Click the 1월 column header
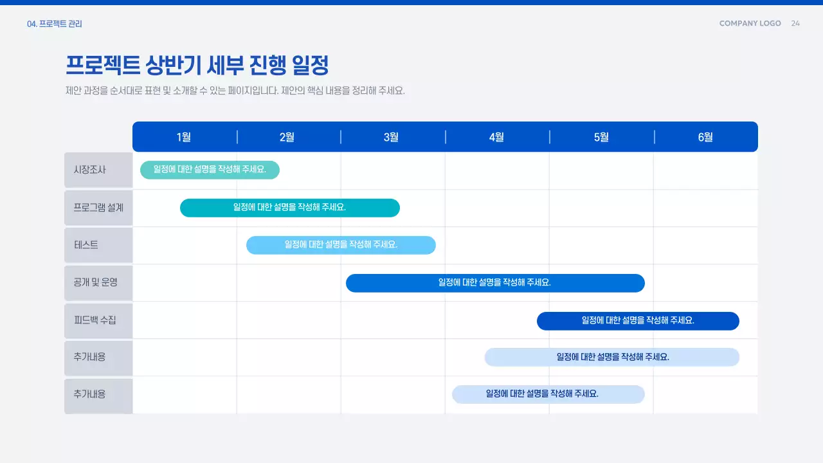[x=184, y=137]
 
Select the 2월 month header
[x=287, y=137]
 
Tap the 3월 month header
[x=392, y=137]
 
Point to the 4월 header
[x=496, y=137]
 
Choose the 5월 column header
[x=601, y=137]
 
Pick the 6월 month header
[x=705, y=137]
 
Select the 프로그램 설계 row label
[x=98, y=208]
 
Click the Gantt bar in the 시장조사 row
[x=210, y=170]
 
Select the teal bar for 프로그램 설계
[x=289, y=208]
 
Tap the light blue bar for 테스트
[x=341, y=245]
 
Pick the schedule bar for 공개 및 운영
[x=495, y=283]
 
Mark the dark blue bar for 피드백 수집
[x=638, y=320]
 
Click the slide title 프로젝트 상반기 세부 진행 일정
[x=197, y=65]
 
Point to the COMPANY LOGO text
[x=750, y=23]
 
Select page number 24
[x=795, y=23]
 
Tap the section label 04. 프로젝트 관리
[x=55, y=24]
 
